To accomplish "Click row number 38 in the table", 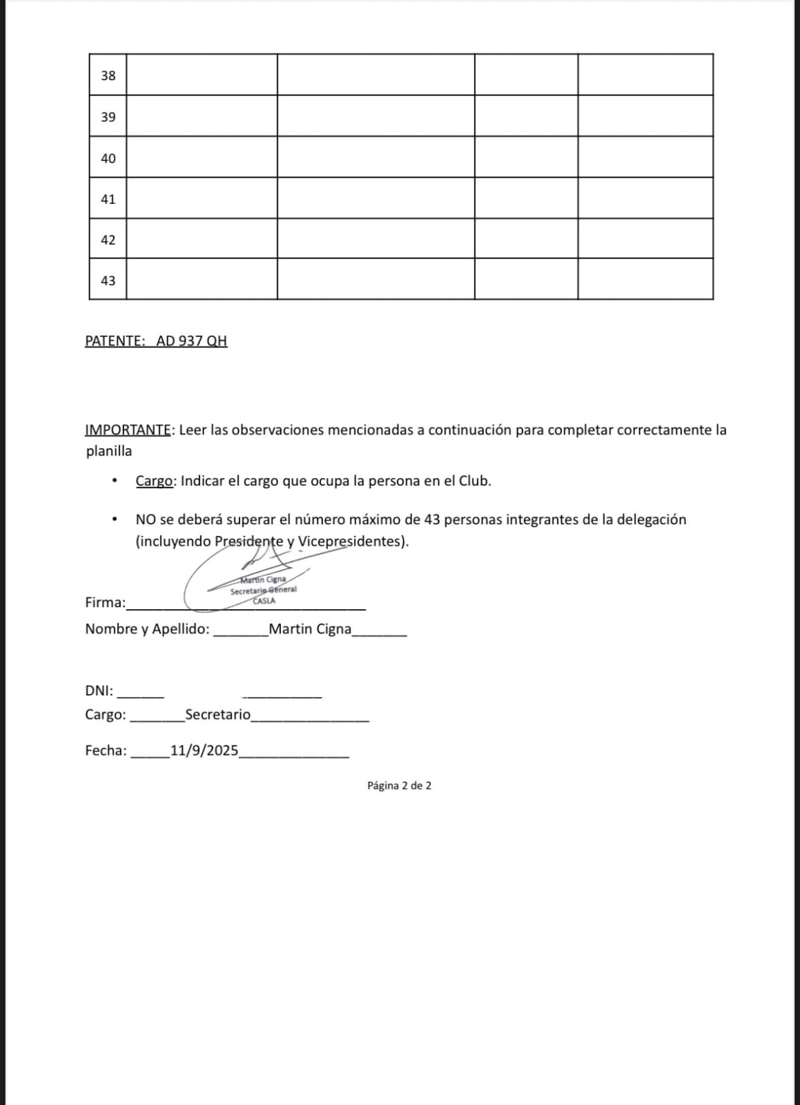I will [108, 75].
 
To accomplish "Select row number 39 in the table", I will [108, 117].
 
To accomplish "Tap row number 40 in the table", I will [108, 158].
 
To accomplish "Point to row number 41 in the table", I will [108, 199].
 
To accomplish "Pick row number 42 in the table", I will [108, 240].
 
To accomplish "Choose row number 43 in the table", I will [108, 280].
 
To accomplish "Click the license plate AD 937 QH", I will [192, 340].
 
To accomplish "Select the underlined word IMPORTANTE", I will [128, 430].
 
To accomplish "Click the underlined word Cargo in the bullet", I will [154, 481].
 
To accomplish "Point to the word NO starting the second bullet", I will [146, 519].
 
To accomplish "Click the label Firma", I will [105, 602].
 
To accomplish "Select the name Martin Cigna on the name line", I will [310, 629].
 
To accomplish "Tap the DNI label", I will [99, 691].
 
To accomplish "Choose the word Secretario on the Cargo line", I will [218, 714].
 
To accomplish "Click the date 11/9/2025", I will [204, 751].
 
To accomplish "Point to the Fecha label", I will [106, 751].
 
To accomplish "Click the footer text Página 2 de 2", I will [399, 785].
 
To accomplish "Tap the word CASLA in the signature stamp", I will [264, 601].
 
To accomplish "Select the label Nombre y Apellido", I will [147, 629].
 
